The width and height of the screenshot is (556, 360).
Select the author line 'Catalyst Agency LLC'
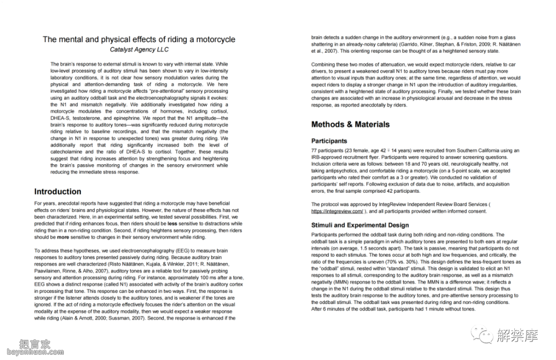tap(139, 50)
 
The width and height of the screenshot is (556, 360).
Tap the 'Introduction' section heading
tap(58, 192)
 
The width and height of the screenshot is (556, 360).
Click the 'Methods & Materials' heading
tap(351, 124)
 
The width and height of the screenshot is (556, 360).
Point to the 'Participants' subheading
tap(329, 141)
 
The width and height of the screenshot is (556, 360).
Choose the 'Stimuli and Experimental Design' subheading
tap(360, 225)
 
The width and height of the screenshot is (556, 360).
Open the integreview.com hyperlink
tap(337, 211)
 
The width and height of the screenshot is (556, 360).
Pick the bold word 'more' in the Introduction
tap(63, 238)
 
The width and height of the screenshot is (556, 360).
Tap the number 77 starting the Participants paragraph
tap(315, 150)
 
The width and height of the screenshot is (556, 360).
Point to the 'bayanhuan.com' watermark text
tap(26, 352)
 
